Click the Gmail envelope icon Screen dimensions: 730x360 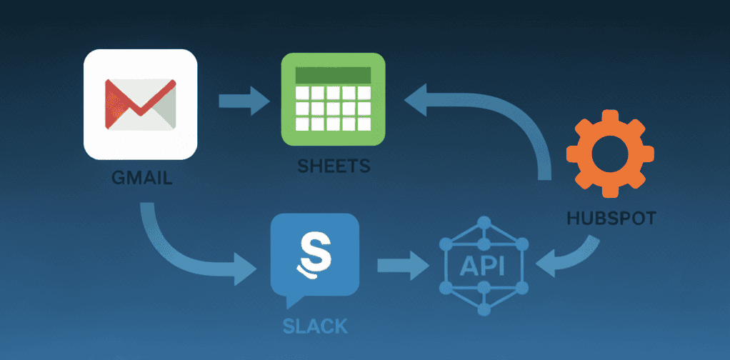[x=140, y=104]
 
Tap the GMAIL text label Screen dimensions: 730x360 [x=142, y=177]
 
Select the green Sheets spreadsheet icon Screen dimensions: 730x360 [x=333, y=100]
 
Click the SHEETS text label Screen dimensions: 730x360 [x=334, y=166]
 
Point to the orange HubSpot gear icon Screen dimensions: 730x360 [x=610, y=154]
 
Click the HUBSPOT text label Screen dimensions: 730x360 [x=611, y=218]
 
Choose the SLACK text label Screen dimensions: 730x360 [x=315, y=326]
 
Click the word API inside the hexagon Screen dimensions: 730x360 [x=481, y=266]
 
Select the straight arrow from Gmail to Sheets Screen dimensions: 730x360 [x=244, y=100]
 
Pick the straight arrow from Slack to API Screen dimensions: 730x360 [x=403, y=266]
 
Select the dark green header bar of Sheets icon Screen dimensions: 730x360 [x=333, y=75]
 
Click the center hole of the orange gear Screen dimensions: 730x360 [x=610, y=154]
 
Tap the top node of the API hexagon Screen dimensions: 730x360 [x=484, y=222]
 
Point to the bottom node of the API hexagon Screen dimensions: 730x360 [x=484, y=309]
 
